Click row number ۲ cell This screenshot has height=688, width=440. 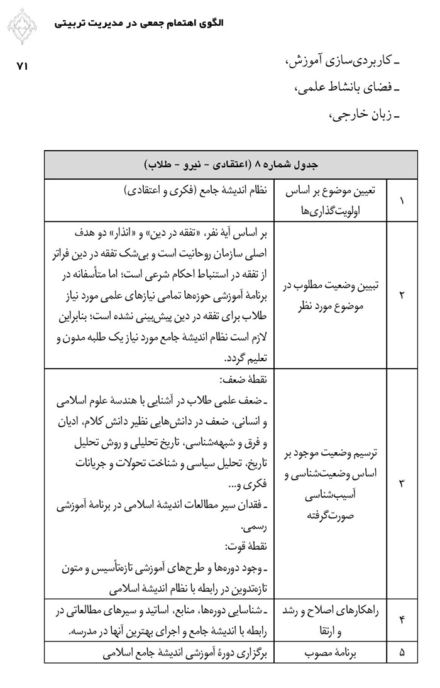pyautogui.click(x=402, y=293)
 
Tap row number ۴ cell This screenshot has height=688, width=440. pyautogui.click(x=402, y=621)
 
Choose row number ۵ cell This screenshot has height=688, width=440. pyautogui.click(x=402, y=653)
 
